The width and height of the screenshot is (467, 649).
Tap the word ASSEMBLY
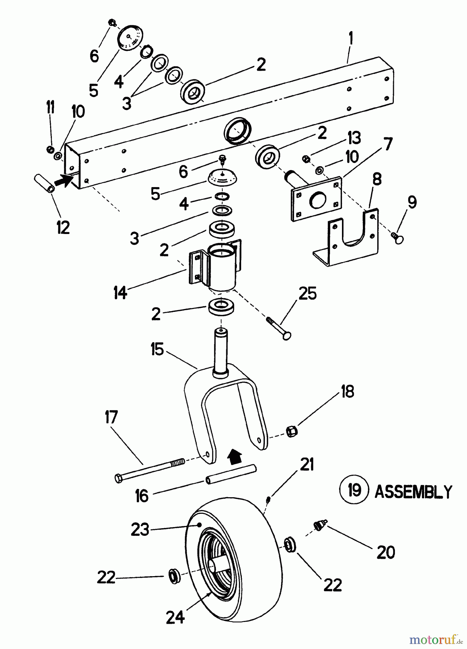[x=413, y=491]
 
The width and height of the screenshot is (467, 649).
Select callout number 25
[x=307, y=293]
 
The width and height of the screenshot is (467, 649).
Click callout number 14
[x=120, y=292]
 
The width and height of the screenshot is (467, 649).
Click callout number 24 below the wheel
[x=175, y=618]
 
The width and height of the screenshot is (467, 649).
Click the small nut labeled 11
[x=51, y=149]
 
